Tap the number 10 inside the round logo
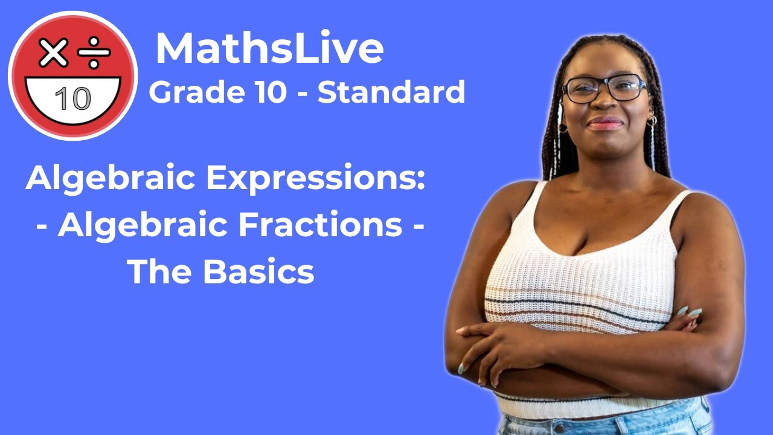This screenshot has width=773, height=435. pyautogui.click(x=72, y=98)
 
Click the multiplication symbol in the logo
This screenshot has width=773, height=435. pyautogui.click(x=54, y=54)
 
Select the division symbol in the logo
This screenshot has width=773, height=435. pyautogui.click(x=94, y=54)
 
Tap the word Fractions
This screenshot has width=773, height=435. pyautogui.click(x=320, y=226)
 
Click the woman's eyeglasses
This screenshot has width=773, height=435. pyautogui.click(x=604, y=89)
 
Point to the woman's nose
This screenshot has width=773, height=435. pyautogui.click(x=605, y=105)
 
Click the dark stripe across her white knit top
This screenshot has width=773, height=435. pyautogui.click(x=580, y=300)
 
